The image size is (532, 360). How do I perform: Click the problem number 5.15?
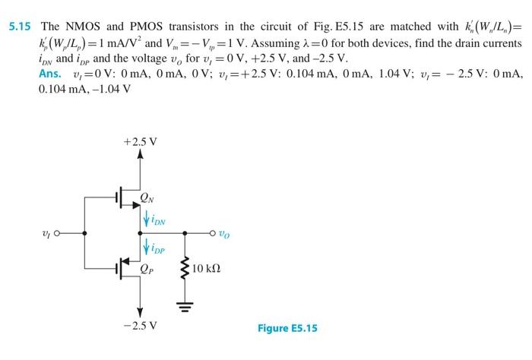tap(19, 26)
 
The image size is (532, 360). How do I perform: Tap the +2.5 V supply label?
tap(139, 142)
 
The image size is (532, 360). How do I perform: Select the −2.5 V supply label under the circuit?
tap(139, 326)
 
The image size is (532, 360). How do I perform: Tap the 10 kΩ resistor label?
tap(207, 270)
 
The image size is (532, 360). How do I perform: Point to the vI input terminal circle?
tap(57, 233)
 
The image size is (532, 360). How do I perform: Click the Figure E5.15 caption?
tap(287, 328)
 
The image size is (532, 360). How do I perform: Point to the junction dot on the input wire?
tap(85, 233)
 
